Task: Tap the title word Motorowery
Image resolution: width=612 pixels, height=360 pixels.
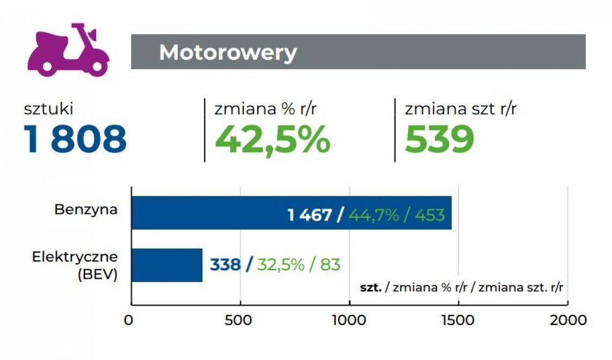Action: tap(228, 53)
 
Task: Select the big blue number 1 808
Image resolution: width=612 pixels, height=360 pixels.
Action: tap(75, 139)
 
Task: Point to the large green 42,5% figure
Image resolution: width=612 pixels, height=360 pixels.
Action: tap(272, 139)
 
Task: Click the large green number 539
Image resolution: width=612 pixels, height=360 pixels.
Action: tap(439, 139)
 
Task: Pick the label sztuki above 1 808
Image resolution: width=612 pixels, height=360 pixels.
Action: tap(48, 109)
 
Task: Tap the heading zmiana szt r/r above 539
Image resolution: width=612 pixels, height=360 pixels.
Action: tap(460, 109)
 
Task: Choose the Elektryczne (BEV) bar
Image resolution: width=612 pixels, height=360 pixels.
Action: tap(166, 265)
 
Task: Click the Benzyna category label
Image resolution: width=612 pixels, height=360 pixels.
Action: tap(86, 209)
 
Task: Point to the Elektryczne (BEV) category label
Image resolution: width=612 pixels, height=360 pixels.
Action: tap(75, 265)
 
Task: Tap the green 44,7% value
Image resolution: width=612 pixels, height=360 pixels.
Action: tap(374, 215)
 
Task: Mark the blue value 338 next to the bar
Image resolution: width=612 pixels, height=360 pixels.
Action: tap(225, 265)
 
